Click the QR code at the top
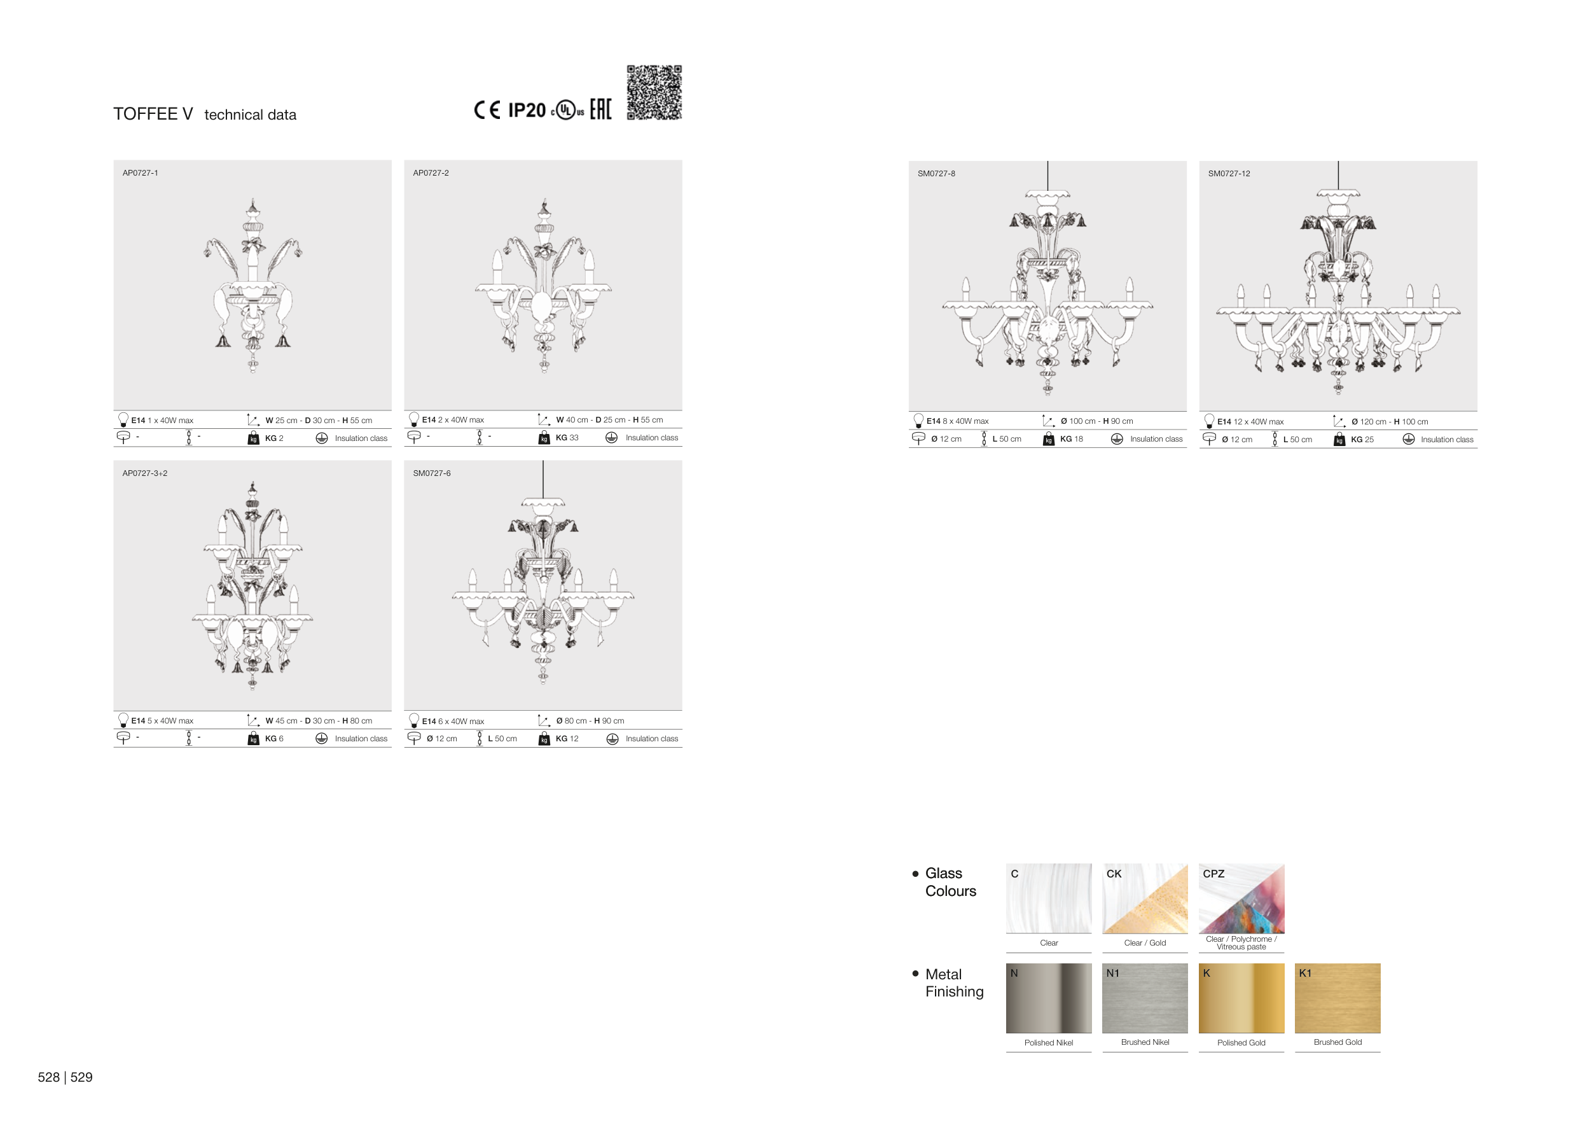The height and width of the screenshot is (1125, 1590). click(654, 93)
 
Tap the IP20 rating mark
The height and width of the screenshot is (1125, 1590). click(527, 110)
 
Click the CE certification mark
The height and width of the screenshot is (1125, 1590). click(487, 110)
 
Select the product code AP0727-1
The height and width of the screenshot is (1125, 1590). click(141, 173)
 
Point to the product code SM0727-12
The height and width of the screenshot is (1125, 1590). click(1229, 174)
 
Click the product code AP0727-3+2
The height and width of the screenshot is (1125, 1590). click(145, 474)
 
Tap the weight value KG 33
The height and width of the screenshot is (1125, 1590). click(567, 438)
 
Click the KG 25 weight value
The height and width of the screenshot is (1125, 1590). click(1362, 440)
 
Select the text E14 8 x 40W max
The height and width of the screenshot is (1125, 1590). click(958, 421)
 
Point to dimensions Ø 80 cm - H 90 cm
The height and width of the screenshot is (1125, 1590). click(590, 721)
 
